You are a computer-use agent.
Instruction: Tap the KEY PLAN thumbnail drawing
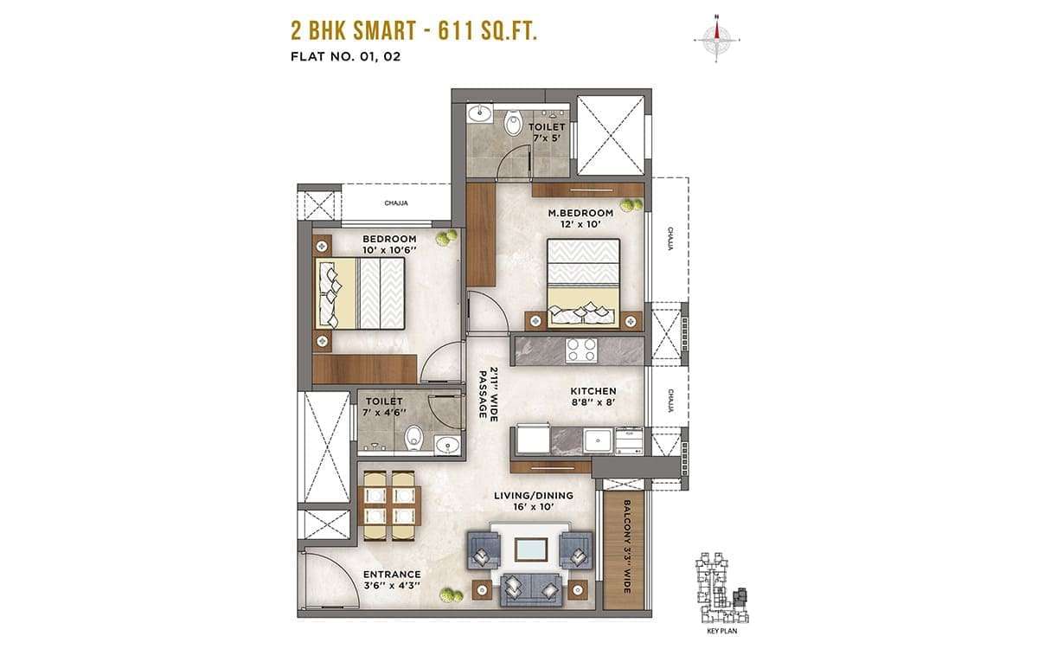click(x=722, y=588)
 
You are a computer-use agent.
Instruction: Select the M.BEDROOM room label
click(x=580, y=213)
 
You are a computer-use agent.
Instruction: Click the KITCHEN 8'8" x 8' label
click(x=593, y=397)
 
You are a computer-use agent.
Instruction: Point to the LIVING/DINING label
click(x=534, y=496)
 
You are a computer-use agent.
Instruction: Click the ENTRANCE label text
click(x=392, y=575)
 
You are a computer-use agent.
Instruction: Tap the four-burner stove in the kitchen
click(x=581, y=350)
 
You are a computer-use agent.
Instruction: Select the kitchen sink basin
click(x=599, y=440)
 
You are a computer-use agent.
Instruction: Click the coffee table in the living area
click(x=530, y=549)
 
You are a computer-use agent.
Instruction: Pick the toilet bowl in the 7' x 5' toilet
click(x=512, y=122)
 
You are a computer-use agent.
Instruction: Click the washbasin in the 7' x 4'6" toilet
click(x=447, y=445)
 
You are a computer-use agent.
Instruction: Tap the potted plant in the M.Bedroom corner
click(x=632, y=205)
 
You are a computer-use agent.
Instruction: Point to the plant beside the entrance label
click(x=451, y=595)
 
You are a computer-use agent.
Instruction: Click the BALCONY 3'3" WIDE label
click(x=626, y=546)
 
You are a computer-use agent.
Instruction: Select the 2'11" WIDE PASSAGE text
click(x=489, y=395)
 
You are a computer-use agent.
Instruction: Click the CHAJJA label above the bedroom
click(x=396, y=203)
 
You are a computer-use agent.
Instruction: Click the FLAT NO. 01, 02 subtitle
click(x=346, y=56)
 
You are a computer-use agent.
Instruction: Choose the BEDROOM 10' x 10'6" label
click(x=389, y=244)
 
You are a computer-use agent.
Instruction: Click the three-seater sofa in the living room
click(x=531, y=589)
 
